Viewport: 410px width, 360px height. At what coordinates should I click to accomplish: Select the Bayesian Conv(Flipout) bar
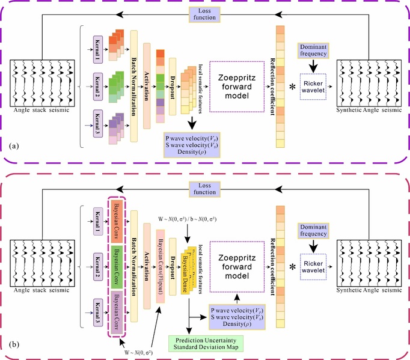160,264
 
